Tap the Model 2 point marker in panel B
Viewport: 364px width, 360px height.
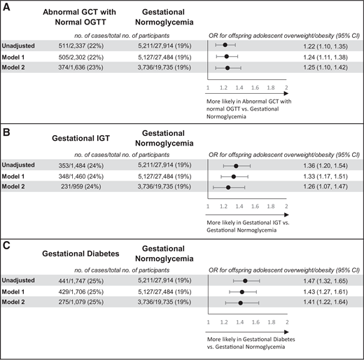tap(228, 187)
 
